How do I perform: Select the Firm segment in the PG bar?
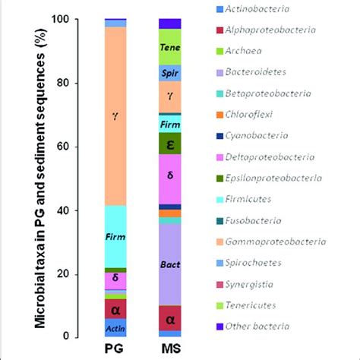click(115, 236)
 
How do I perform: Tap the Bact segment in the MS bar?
click(170, 264)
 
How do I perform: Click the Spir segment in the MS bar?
click(170, 73)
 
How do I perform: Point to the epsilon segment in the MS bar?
click(170, 144)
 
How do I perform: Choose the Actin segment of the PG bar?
click(115, 328)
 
